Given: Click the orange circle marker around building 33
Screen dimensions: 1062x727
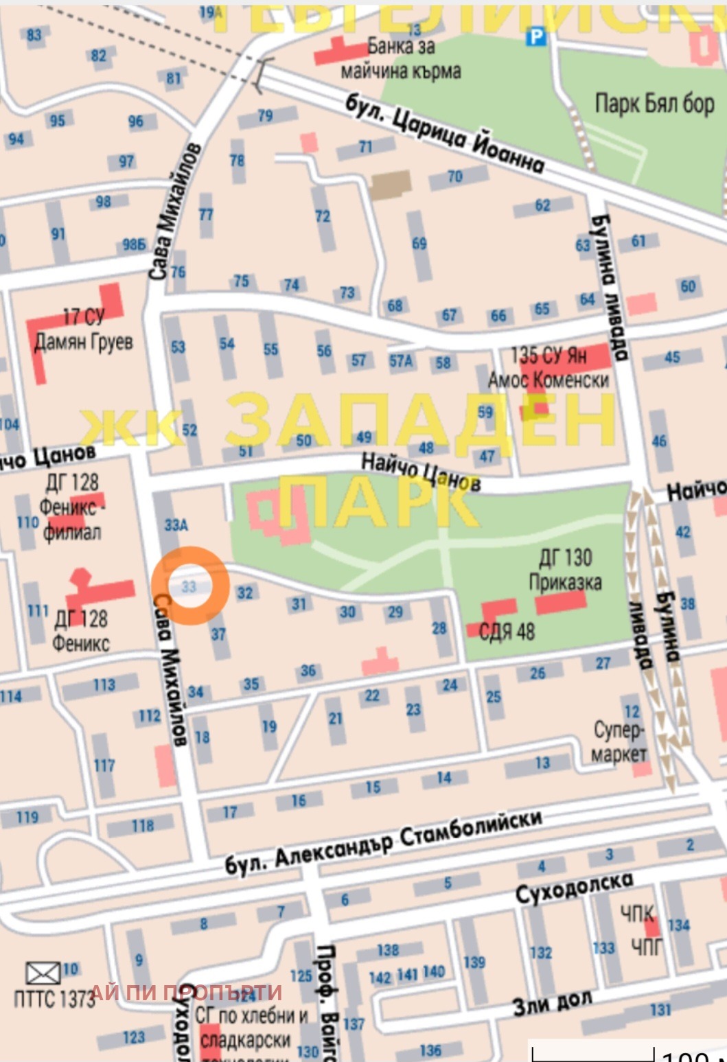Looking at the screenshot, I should (190, 585).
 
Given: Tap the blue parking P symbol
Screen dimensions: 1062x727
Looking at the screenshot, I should (535, 37).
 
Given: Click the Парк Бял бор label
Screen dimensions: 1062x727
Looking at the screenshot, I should (654, 104).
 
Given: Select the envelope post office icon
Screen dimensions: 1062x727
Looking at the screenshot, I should (43, 973).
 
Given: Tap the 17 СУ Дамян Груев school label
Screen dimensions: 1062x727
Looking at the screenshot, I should (83, 329).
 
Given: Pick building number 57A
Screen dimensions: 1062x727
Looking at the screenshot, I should (401, 360).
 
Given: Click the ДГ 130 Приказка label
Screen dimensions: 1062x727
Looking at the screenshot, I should (565, 570).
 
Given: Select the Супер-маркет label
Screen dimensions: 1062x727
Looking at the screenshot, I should (619, 741).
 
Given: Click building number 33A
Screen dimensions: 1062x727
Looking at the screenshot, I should (176, 525).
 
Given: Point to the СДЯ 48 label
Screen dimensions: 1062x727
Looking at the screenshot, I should (507, 631).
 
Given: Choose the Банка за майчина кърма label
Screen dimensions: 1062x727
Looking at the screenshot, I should (401, 59).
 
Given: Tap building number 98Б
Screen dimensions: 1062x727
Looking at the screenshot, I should (134, 244).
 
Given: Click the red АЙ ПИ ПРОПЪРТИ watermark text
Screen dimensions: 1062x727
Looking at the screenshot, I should (185, 992).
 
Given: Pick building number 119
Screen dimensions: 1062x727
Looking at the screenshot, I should (27, 817).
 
